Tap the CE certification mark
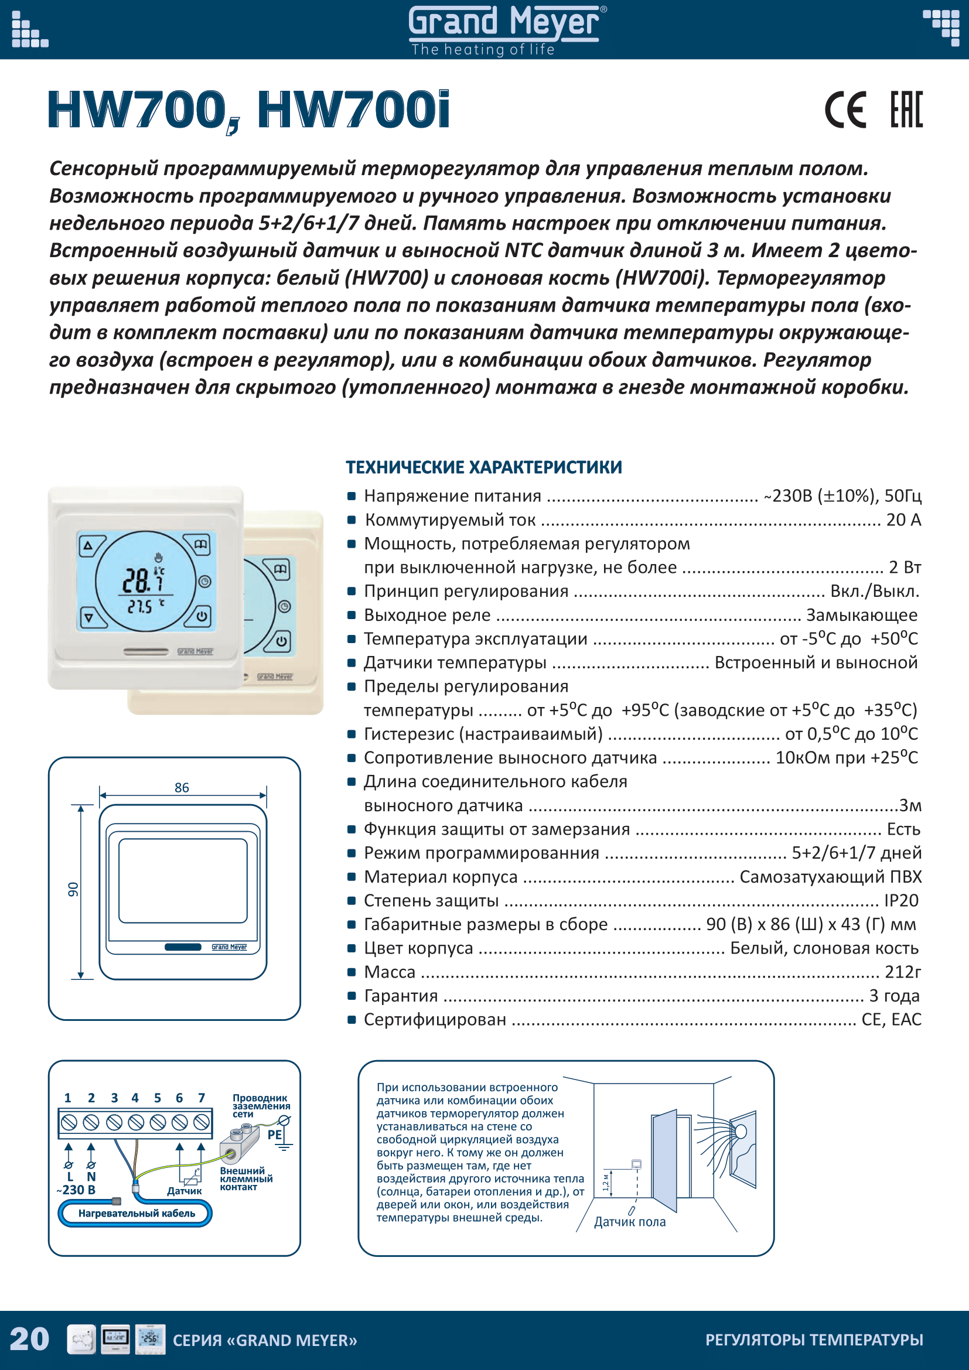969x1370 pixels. tap(845, 110)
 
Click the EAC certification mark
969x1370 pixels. tap(906, 110)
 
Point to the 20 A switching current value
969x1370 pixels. tap(903, 520)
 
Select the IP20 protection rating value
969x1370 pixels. tap(901, 900)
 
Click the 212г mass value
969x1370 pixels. tap(903, 972)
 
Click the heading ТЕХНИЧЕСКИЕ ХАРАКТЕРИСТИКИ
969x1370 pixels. tap(484, 467)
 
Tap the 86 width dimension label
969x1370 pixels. tap(182, 788)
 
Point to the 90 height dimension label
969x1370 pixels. tap(73, 889)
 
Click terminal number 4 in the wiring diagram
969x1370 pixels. tap(135, 1098)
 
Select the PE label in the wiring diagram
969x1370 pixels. tap(274, 1135)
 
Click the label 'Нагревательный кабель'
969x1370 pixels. tap(137, 1213)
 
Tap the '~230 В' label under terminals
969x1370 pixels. tap(76, 1190)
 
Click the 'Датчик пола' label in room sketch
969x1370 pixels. tap(629, 1222)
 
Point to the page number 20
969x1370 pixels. tap(29, 1339)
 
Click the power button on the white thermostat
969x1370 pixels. tap(202, 616)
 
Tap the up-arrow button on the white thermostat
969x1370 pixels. tap(88, 545)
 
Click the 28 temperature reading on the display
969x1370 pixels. tap(136, 579)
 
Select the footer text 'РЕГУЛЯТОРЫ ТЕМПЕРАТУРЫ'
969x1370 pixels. tap(814, 1340)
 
